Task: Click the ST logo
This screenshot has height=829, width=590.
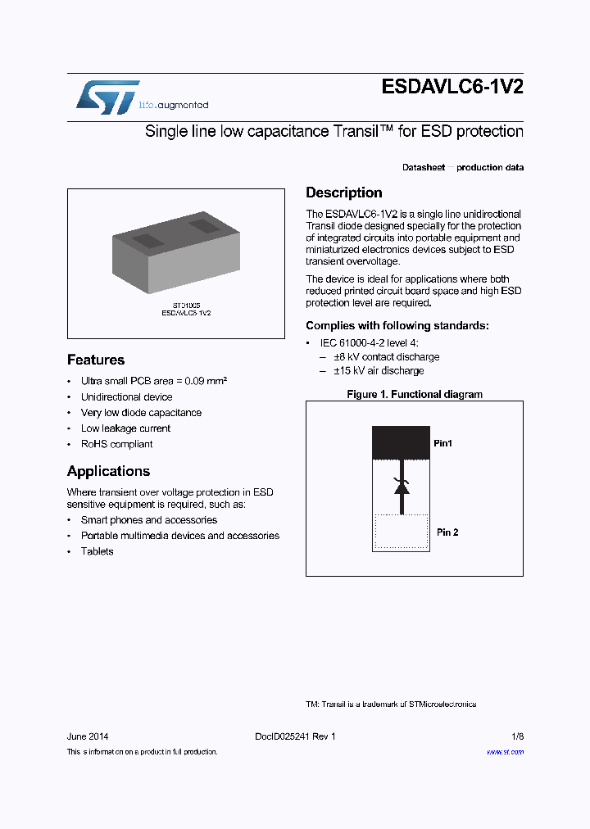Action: [x=107, y=97]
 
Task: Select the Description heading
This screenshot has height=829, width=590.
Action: [x=343, y=193]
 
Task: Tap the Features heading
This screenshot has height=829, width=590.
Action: [x=96, y=360]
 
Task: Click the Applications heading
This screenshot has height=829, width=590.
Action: [x=108, y=471]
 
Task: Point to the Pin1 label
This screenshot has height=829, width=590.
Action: [x=442, y=443]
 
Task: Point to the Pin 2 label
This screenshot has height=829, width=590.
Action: [x=447, y=532]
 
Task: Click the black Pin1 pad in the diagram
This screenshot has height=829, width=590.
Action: [x=401, y=442]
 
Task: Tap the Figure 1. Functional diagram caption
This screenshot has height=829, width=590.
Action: [x=414, y=394]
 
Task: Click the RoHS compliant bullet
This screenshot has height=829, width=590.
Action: [x=116, y=444]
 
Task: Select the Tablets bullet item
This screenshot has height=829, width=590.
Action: [x=97, y=551]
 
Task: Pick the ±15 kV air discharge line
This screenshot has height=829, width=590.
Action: [x=378, y=371]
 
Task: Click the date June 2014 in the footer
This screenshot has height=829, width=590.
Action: [x=88, y=736]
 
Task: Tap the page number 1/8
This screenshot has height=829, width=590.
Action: [x=516, y=736]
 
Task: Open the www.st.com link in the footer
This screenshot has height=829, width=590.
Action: [x=505, y=751]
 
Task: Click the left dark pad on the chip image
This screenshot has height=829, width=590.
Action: [x=147, y=240]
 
